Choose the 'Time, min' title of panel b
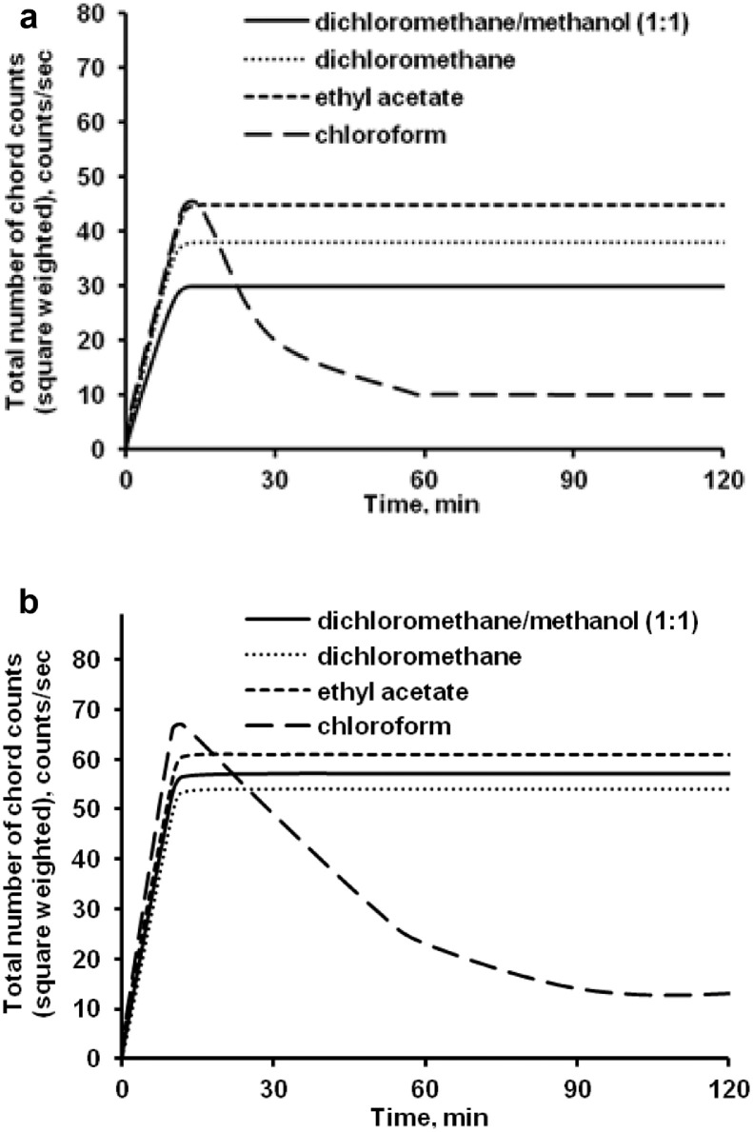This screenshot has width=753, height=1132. pos(425,1114)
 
